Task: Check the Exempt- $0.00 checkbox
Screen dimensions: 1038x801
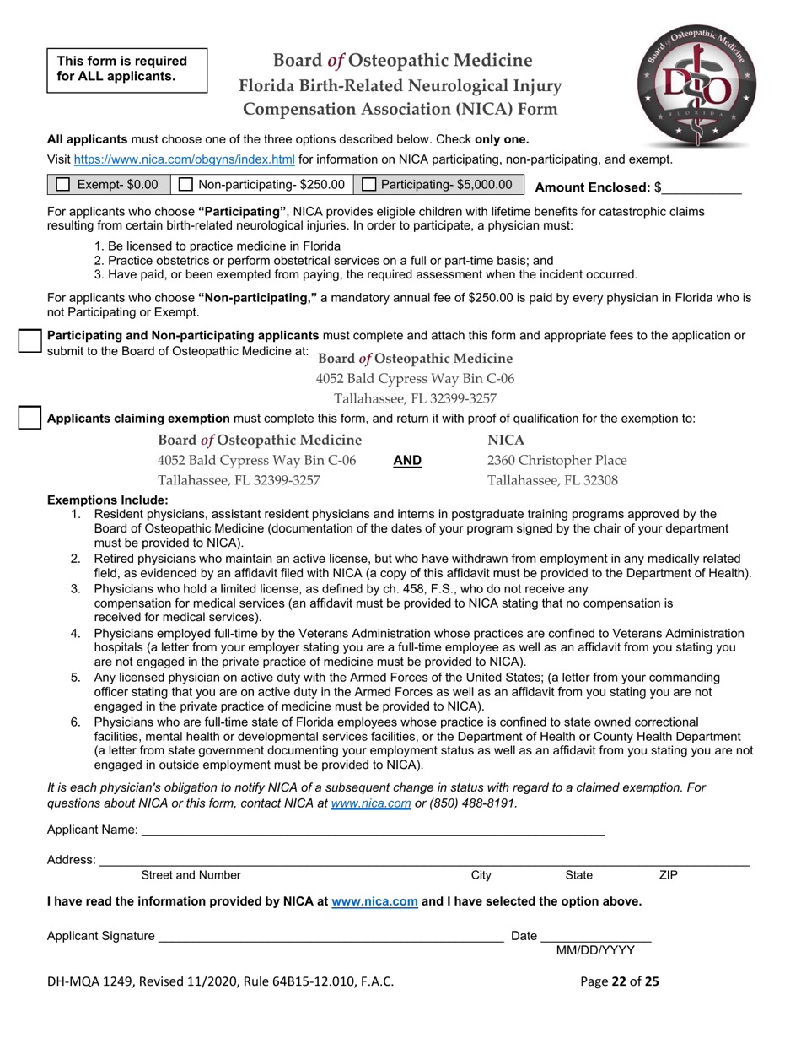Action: [x=63, y=185]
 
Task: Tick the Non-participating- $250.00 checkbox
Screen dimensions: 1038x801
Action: [x=186, y=185]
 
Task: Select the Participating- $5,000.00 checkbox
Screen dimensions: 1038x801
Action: [x=369, y=185]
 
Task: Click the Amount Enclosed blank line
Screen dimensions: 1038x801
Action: [x=702, y=189]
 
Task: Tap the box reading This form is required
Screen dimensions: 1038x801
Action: [x=126, y=68]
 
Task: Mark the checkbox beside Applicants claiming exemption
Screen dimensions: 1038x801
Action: [x=30, y=417]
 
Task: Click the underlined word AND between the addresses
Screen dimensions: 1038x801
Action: [x=407, y=461]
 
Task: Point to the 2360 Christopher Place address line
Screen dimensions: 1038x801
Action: [x=556, y=460]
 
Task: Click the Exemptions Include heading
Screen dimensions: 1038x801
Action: [x=107, y=500]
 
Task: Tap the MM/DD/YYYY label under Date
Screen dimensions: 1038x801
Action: [x=595, y=951]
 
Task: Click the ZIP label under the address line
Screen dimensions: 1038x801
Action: [x=668, y=876]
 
